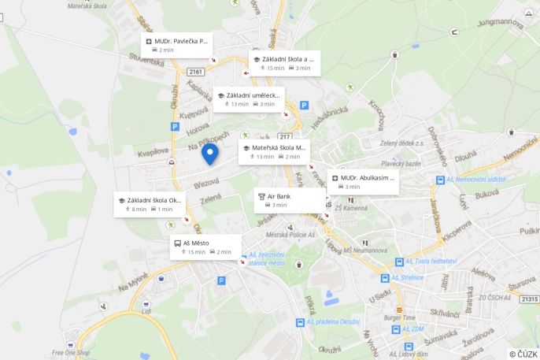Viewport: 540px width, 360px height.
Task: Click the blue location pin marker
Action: pos(209,153)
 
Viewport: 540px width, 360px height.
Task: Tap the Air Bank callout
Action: pos(289,200)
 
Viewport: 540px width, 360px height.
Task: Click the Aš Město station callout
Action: pos(205,247)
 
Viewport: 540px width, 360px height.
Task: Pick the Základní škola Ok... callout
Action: pos(153,204)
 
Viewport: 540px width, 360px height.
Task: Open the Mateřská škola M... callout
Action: pos(274,151)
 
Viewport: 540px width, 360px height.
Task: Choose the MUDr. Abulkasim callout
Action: pos(363,182)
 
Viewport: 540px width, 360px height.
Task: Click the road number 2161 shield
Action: pos(195,72)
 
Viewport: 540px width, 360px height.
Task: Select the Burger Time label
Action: pos(399,317)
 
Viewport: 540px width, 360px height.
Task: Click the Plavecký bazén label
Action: pos(401,164)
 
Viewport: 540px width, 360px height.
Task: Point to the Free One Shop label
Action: pos(71,352)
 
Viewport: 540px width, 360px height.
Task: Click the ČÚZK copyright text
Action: pos(523,354)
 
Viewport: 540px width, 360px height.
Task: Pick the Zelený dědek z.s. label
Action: pos(402,143)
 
